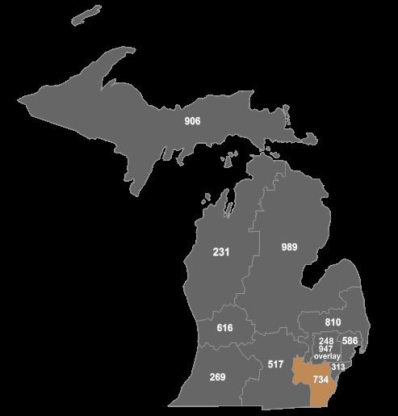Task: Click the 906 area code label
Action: pyautogui.click(x=192, y=121)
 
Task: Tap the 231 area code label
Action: pyautogui.click(x=221, y=252)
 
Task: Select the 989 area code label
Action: pyautogui.click(x=290, y=246)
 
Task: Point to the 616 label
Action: pyautogui.click(x=225, y=328)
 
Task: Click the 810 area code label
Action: pyautogui.click(x=333, y=322)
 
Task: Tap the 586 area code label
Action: pyautogui.click(x=350, y=341)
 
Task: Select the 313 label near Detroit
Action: pyautogui.click(x=338, y=367)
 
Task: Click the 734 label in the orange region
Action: pyautogui.click(x=320, y=379)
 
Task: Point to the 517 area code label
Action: pyautogui.click(x=275, y=365)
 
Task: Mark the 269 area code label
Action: pyautogui.click(x=217, y=377)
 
